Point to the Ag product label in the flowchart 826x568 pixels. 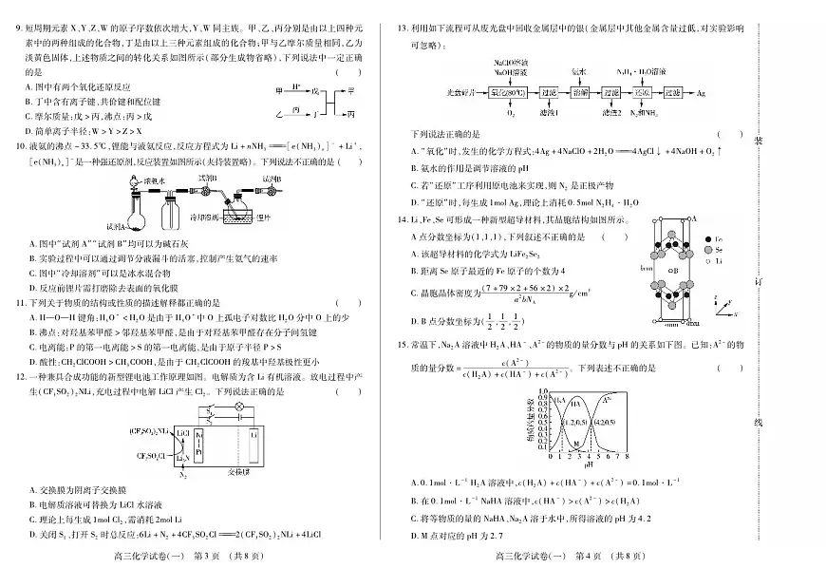coord(701,95)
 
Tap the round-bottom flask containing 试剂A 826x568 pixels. coord(134,221)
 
